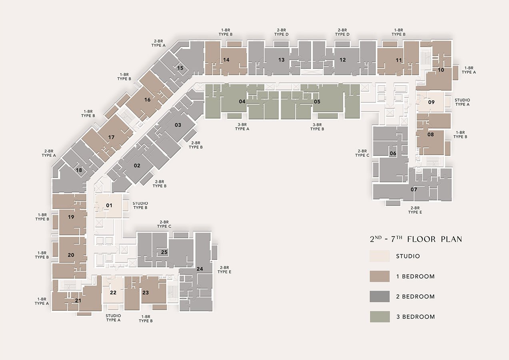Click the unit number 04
[x=242, y=101]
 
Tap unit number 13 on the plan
[x=281, y=60]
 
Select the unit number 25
[x=164, y=252]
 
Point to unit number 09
[x=431, y=102]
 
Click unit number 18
[x=79, y=170]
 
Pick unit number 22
[x=113, y=292]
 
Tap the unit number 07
[x=414, y=189]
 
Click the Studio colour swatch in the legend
[x=379, y=256]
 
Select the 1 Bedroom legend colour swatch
[x=379, y=276]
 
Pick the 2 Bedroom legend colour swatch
[x=379, y=296]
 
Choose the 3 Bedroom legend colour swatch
[x=380, y=316]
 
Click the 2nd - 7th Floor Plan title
[x=416, y=239]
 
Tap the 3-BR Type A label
[x=242, y=127]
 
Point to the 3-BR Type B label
[x=317, y=127]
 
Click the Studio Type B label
[x=140, y=206]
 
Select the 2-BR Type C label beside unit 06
[x=362, y=153]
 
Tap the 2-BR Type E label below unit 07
[x=415, y=210]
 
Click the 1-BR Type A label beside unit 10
[x=469, y=70]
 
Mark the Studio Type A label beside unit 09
[x=462, y=102]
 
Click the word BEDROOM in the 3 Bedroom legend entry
[x=419, y=317]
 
